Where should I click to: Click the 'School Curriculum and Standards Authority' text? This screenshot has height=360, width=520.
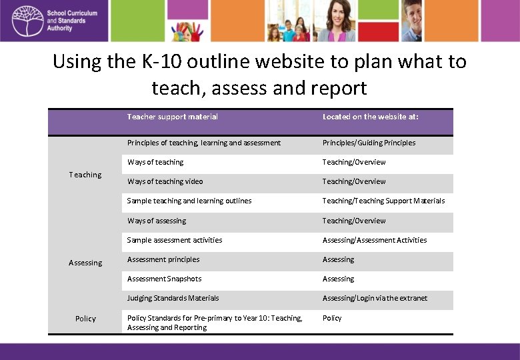point(72,21)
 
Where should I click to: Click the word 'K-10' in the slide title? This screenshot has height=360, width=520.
point(159,62)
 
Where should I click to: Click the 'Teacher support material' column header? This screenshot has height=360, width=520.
point(173,117)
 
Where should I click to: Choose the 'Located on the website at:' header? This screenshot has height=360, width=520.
point(371,117)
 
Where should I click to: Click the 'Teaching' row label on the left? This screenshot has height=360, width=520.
point(85,175)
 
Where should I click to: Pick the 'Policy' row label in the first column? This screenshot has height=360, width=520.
point(85,319)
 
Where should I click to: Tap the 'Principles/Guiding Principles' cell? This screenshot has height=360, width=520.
point(369,143)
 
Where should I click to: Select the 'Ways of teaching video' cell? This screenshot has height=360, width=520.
point(165,181)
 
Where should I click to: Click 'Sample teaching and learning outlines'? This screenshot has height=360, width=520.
point(189,201)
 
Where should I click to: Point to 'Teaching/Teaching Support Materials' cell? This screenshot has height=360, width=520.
point(383,201)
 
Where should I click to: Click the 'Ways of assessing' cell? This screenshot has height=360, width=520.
point(157,221)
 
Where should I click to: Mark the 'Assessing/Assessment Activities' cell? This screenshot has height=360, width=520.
point(375,240)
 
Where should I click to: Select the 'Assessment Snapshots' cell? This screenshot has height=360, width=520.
point(164,279)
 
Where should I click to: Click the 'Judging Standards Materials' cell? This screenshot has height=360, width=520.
point(173,298)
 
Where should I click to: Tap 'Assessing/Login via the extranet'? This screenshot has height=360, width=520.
point(375,298)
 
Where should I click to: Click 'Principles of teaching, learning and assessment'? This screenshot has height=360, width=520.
point(204,143)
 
